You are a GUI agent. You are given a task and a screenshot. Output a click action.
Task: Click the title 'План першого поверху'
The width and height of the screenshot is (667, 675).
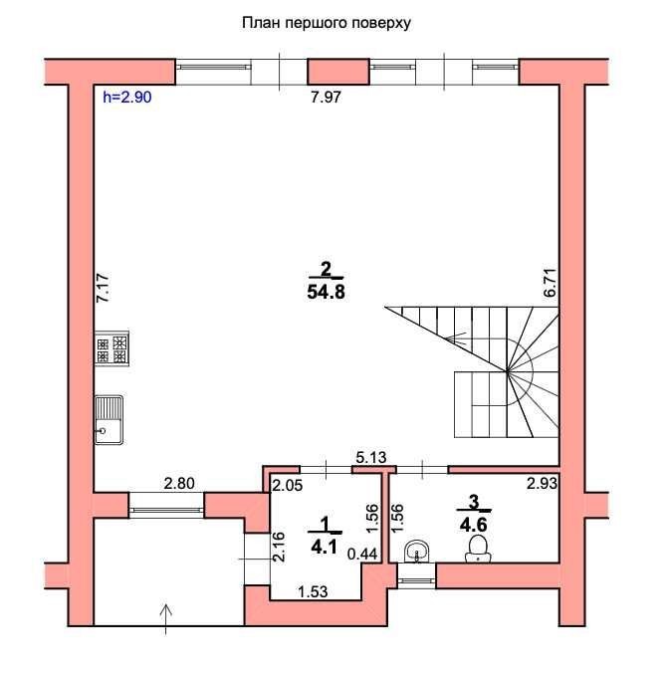(326, 23)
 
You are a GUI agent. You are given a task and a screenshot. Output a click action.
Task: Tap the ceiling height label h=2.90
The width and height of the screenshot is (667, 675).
(127, 98)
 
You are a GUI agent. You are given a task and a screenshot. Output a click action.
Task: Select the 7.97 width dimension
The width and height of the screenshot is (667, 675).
(326, 98)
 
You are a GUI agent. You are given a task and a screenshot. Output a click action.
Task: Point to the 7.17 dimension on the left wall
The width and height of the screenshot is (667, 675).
(103, 288)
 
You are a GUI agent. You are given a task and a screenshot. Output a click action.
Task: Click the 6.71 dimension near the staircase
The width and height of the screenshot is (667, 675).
(551, 283)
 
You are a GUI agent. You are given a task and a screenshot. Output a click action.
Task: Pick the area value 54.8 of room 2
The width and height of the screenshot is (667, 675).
(326, 293)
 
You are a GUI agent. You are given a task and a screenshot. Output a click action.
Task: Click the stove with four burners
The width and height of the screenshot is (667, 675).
(111, 348)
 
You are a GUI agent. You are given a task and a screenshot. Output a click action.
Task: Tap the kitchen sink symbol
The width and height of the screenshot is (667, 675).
(109, 420)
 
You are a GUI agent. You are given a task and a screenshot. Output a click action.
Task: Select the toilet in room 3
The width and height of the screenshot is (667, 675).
(478, 550)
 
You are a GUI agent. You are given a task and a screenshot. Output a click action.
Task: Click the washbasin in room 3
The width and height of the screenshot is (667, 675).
(416, 552)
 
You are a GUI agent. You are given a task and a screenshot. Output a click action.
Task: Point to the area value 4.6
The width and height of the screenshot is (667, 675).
(473, 525)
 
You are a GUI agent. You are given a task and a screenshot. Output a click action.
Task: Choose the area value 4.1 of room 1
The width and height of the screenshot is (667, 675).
(324, 548)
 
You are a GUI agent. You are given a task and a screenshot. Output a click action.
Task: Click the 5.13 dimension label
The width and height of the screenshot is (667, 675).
(371, 457)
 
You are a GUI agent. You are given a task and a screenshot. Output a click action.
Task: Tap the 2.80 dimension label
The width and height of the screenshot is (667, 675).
(179, 484)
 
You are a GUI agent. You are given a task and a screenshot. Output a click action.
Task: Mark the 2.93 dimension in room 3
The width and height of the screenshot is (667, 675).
(543, 484)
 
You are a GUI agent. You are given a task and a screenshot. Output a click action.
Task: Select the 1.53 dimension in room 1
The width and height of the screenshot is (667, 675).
(313, 592)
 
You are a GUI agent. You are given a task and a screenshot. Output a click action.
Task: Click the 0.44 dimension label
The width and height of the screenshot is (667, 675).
(362, 554)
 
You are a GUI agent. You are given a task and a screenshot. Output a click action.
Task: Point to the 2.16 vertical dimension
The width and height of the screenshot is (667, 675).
(279, 547)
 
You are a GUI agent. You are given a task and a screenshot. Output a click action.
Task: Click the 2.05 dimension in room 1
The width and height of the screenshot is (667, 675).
(288, 485)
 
